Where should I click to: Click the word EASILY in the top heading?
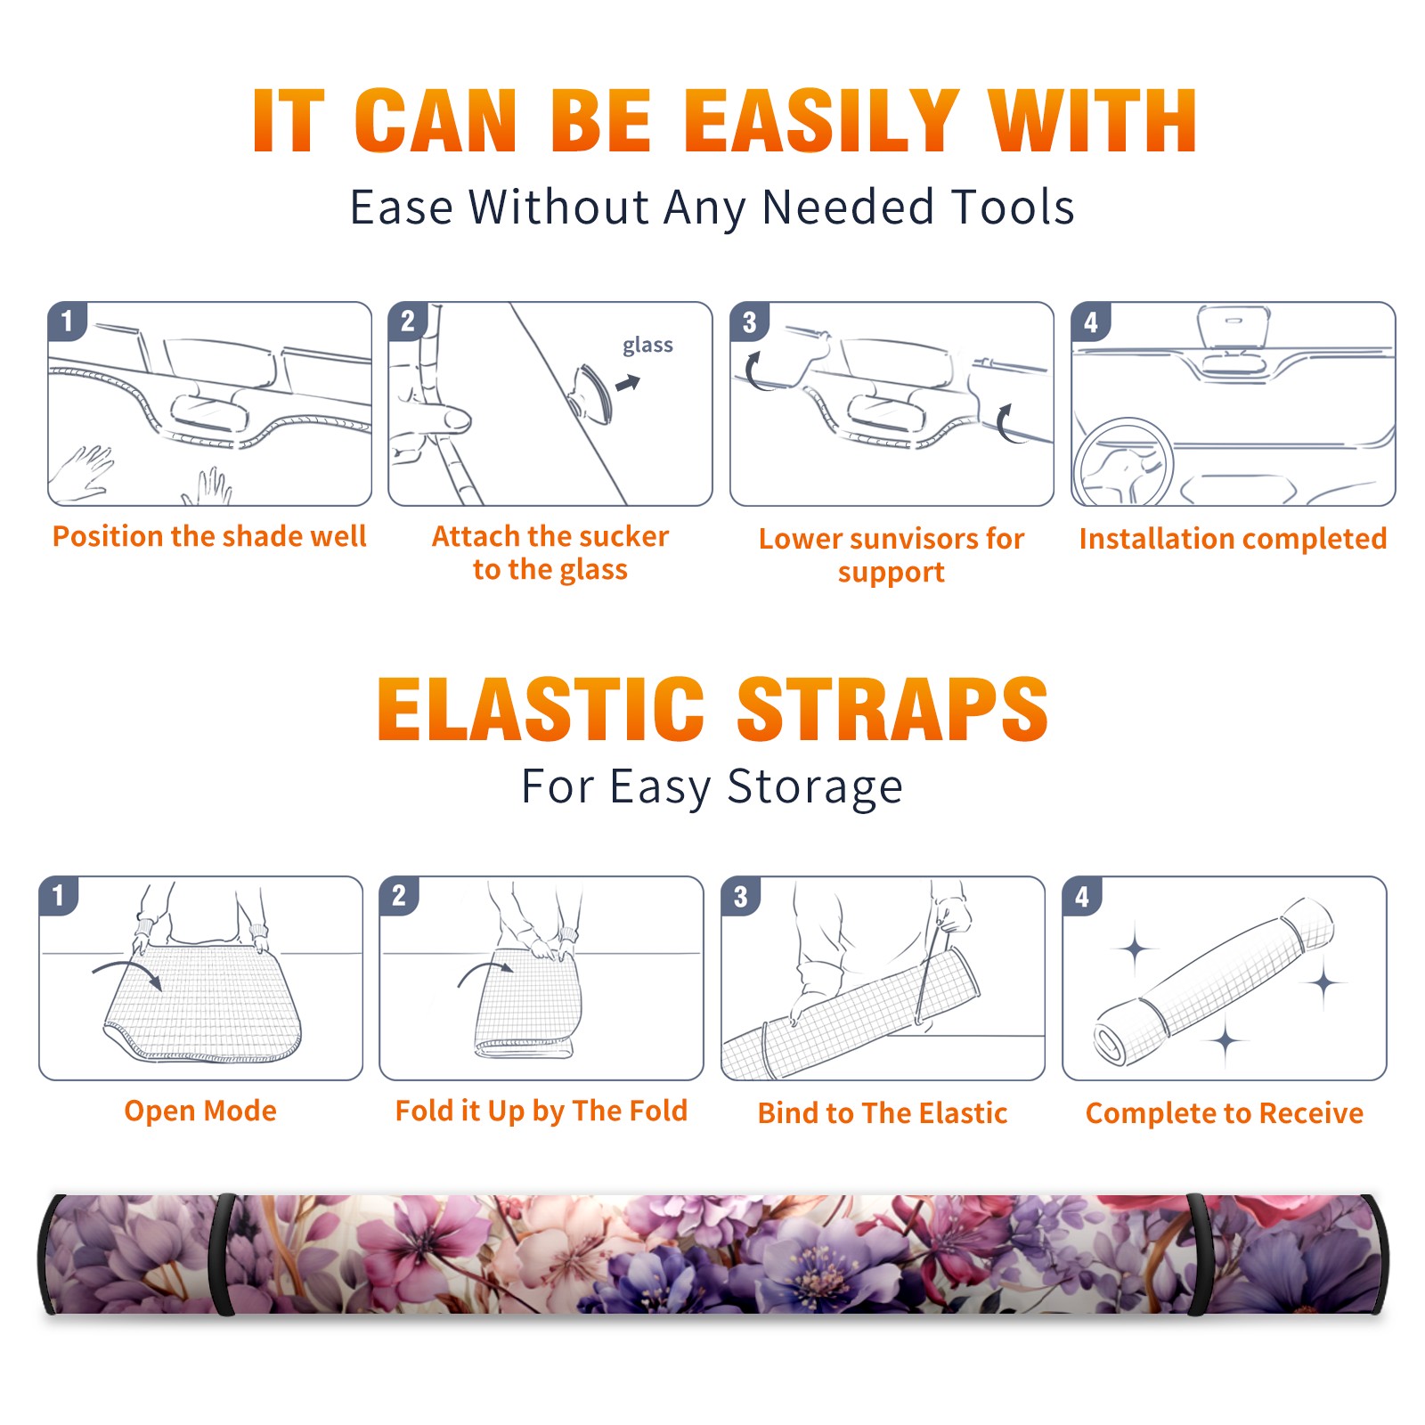[820, 120]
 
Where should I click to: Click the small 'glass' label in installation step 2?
[647, 346]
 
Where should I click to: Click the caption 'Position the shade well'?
[209, 536]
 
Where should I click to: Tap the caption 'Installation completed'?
[1233, 538]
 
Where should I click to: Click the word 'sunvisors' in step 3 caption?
[904, 539]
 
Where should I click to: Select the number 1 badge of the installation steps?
[68, 322]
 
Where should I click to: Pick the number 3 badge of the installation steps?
[749, 322]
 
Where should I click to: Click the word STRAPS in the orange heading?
[892, 709]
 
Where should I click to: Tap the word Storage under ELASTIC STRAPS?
[815, 787]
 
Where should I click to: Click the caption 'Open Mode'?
[200, 1111]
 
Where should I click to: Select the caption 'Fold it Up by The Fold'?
[541, 1111]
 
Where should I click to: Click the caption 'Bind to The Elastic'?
[883, 1113]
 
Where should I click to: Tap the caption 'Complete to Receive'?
[1225, 1113]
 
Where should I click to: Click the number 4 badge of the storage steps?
[1082, 896]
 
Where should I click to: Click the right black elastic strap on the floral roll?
[1198, 1255]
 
